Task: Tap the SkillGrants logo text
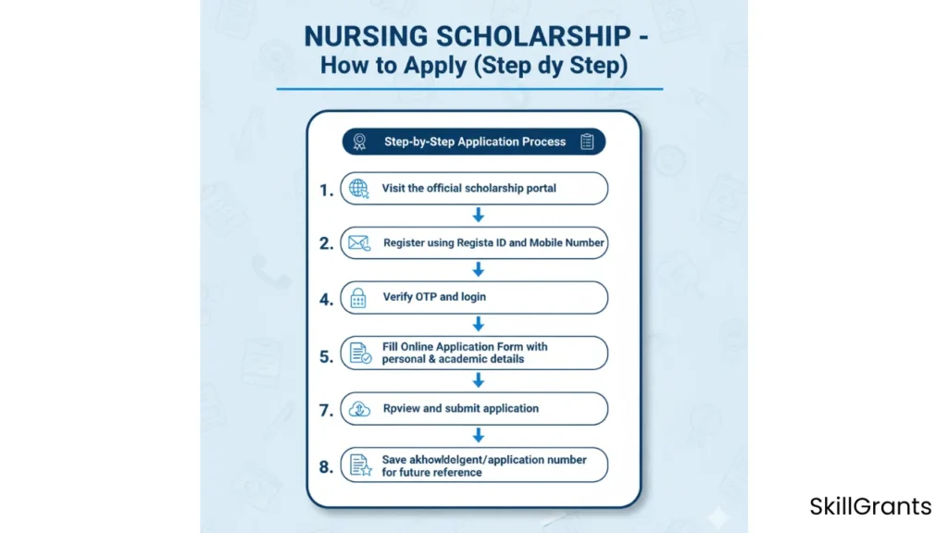pos(870,506)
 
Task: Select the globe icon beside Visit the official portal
pos(358,189)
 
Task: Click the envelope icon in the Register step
pos(358,244)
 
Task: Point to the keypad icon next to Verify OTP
pos(358,298)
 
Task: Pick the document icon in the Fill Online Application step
pos(359,353)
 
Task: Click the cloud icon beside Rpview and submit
pos(358,408)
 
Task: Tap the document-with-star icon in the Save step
pos(358,465)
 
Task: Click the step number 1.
pos(326,190)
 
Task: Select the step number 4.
pos(326,300)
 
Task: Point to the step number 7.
pos(326,410)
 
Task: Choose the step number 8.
pos(326,466)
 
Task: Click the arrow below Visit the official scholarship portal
pos(479,216)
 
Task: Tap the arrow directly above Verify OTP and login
pos(479,270)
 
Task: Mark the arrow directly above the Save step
pos(479,435)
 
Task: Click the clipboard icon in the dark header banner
pos(586,142)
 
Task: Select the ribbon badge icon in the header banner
pos(359,142)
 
